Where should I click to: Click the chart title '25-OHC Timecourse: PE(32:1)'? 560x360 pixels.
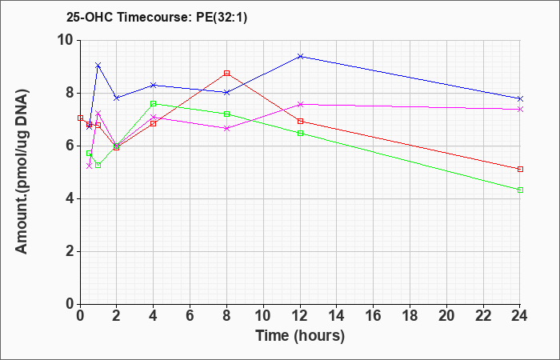[157, 18]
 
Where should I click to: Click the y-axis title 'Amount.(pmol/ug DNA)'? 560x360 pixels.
[22, 171]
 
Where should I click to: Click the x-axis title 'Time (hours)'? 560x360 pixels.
[300, 336]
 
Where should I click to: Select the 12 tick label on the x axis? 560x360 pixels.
[300, 316]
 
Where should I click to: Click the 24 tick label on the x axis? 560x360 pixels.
[520, 316]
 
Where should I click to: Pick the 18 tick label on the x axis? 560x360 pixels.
[410, 316]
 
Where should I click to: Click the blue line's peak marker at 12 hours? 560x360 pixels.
[300, 57]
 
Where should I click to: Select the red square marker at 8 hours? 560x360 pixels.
[226, 74]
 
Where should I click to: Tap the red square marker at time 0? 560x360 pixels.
[80, 118]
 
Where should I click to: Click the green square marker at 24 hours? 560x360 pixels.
[520, 190]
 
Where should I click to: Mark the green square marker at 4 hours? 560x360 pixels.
[154, 103]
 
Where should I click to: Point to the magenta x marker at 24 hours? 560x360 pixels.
[520, 110]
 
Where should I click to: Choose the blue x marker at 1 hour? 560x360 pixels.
[98, 66]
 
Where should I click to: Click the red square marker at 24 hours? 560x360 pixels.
[520, 170]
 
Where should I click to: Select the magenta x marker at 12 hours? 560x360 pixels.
[300, 104]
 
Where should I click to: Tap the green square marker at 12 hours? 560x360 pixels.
[300, 134]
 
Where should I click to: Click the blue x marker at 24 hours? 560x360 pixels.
[520, 98]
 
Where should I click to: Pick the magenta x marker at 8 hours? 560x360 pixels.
[226, 128]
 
